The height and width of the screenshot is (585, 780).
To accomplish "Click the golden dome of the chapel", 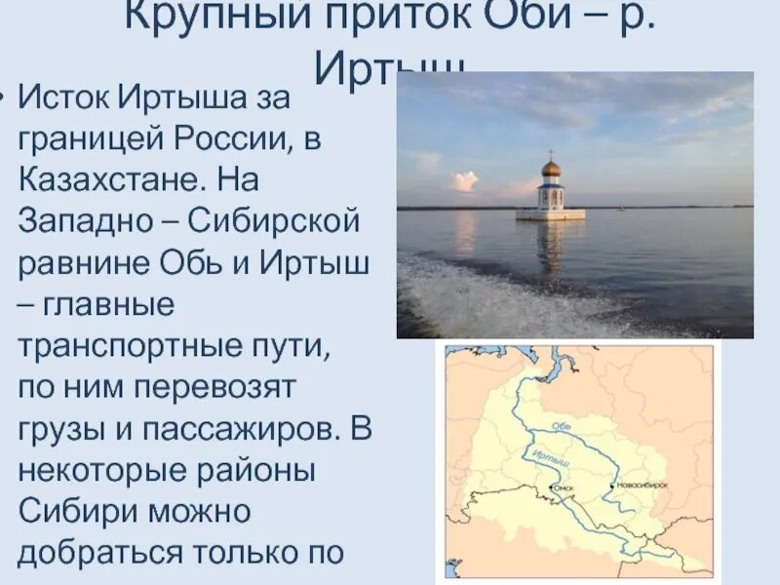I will coord(551,168).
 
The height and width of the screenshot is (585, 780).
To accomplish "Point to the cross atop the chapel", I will coord(551,153).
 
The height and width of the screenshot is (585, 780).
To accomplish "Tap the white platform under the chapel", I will coord(550,214).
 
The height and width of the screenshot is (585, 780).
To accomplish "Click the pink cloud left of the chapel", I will coord(464,181).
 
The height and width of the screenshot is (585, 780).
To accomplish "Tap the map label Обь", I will coord(561,424).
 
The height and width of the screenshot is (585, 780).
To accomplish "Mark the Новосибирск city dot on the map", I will coord(612,485).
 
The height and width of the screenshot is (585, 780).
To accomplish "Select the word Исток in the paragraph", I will coord(64,98).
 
